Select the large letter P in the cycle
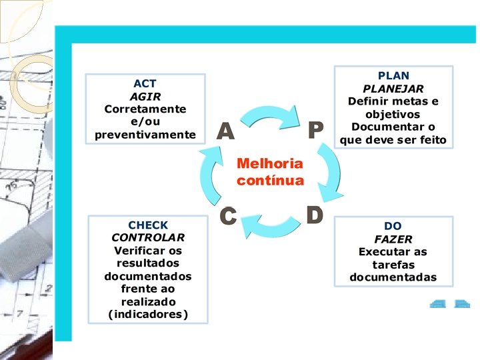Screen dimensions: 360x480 (315, 131)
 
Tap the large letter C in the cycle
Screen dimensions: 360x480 (229, 216)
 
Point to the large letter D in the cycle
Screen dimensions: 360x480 (314, 215)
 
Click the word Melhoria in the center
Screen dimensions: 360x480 (269, 164)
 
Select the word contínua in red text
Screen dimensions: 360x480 (270, 180)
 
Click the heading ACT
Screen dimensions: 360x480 (145, 83)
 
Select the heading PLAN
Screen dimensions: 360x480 (393, 76)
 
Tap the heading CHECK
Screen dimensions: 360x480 (148, 225)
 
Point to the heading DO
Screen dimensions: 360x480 (393, 227)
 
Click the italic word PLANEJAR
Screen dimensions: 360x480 (393, 89)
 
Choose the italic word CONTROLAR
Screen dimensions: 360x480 (148, 238)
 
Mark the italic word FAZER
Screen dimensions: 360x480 (393, 239)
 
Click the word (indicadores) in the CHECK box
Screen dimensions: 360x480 (148, 315)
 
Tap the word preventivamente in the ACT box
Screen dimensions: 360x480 (145, 135)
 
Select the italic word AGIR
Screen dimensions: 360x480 (145, 96)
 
